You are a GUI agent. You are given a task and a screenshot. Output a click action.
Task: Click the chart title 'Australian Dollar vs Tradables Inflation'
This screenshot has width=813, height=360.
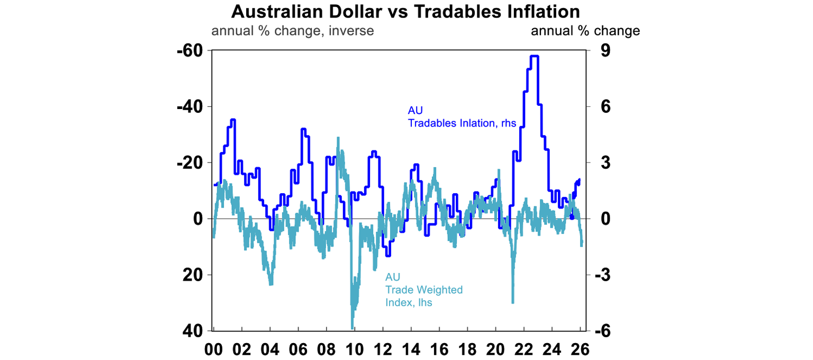pos(406,11)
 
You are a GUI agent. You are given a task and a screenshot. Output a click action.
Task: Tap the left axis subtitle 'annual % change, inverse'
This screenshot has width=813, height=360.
pos(293,31)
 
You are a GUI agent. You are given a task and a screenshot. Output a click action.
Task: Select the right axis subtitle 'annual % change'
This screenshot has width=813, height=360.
pos(585,31)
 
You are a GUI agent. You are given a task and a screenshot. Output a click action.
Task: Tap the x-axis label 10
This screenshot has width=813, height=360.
pos(354,349)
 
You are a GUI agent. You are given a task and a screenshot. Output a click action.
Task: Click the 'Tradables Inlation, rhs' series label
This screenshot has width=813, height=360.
pos(462,123)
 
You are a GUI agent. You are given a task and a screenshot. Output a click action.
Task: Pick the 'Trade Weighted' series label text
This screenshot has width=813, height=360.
pos(424,290)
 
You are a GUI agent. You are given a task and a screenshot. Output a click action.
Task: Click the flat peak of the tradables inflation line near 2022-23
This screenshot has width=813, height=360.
pos(534,56)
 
